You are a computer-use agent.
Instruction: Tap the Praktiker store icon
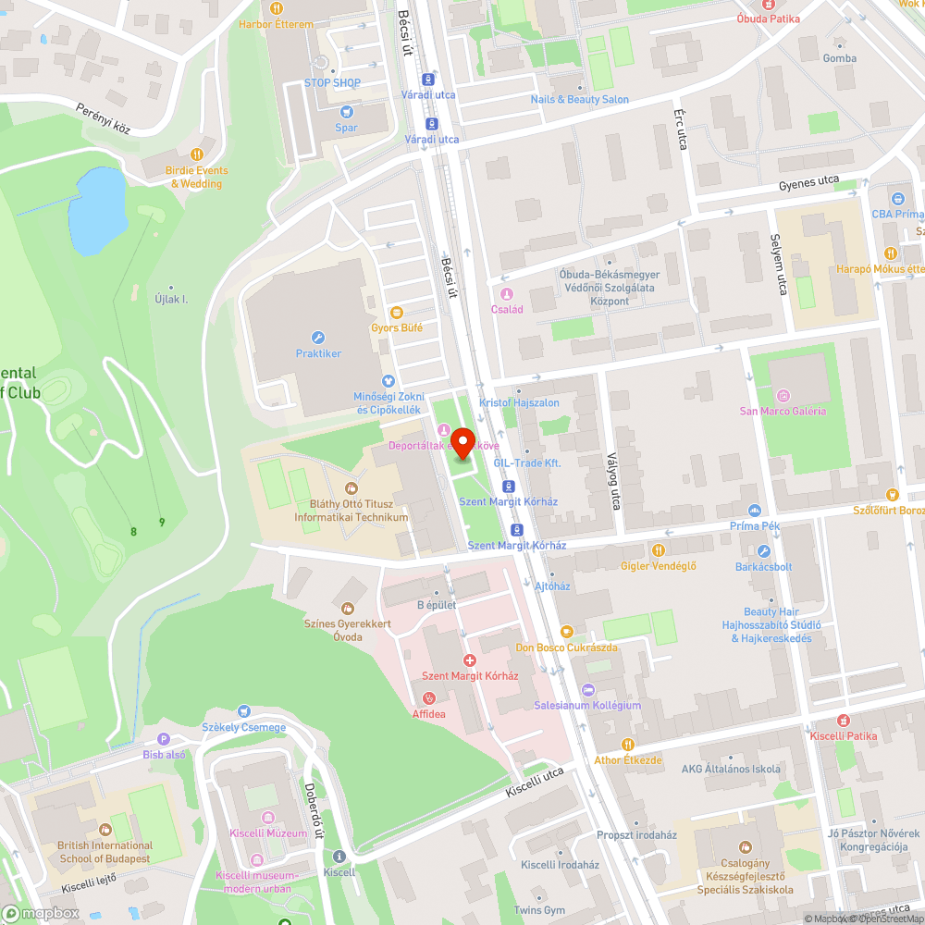[x=318, y=338]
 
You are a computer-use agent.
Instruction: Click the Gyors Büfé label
[x=397, y=327]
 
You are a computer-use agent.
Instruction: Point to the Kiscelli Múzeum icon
[x=267, y=817]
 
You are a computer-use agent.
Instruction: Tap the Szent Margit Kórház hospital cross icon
[x=470, y=660]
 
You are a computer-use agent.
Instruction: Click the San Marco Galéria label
[x=783, y=411]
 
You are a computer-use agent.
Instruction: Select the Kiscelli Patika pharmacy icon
[x=843, y=720]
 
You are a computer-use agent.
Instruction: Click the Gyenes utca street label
[x=808, y=183]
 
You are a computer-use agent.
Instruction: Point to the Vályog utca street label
[x=611, y=481]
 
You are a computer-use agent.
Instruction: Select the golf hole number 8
[x=133, y=531]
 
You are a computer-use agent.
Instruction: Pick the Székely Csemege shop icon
[x=244, y=711]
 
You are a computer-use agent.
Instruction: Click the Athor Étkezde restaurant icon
[x=628, y=744]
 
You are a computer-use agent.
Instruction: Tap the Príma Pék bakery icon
[x=755, y=510]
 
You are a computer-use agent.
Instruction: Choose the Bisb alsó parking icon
[x=164, y=739]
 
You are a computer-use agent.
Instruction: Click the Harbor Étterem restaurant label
[x=277, y=24]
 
